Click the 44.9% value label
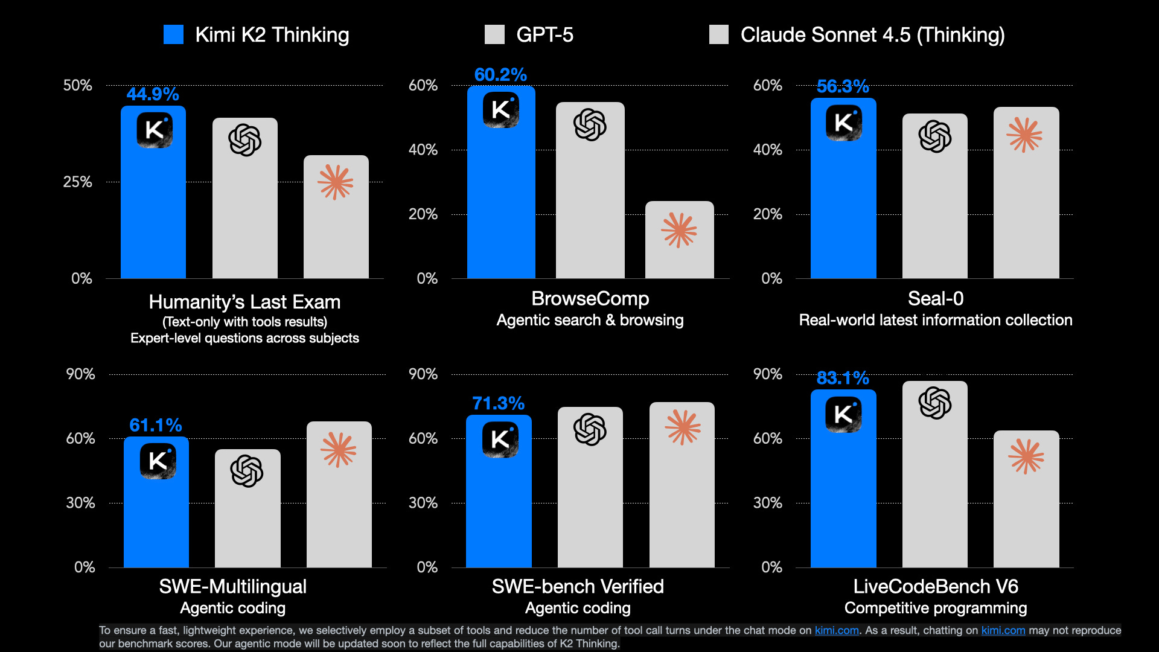pyautogui.click(x=152, y=94)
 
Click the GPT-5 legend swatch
pyautogui.click(x=494, y=34)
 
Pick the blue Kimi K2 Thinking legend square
pyautogui.click(x=173, y=34)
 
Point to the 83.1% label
pyautogui.click(x=843, y=378)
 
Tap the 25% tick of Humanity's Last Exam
pyautogui.click(x=77, y=182)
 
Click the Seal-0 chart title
pyautogui.click(x=935, y=298)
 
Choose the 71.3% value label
pyautogui.click(x=498, y=403)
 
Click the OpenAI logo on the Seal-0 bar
pyautogui.click(x=934, y=136)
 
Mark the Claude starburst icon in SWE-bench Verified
pyautogui.click(x=682, y=427)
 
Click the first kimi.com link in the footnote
pyautogui.click(x=836, y=630)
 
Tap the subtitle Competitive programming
pyautogui.click(x=935, y=608)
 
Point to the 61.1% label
pyautogui.click(x=155, y=425)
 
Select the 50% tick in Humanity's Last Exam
pyautogui.click(x=77, y=85)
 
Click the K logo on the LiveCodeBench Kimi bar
pyautogui.click(x=843, y=414)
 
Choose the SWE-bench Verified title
pyautogui.click(x=577, y=586)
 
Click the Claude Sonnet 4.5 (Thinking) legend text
pyautogui.click(x=872, y=34)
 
